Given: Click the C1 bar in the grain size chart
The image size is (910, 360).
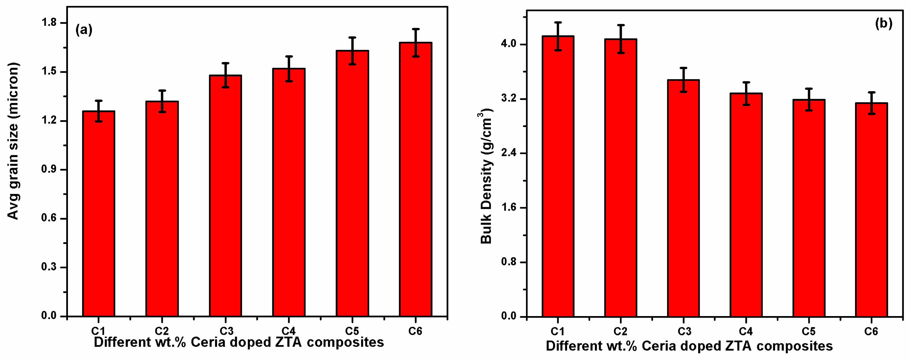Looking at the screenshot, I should (x=99, y=214).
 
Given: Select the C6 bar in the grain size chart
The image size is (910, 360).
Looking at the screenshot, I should (x=415, y=180).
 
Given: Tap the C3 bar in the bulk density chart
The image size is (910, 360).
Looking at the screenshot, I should (x=683, y=198).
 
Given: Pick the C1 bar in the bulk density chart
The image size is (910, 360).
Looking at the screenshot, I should (x=558, y=176).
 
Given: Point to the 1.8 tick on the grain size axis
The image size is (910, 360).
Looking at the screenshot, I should (x=49, y=23).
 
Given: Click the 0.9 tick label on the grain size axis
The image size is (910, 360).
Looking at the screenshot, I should (x=49, y=169).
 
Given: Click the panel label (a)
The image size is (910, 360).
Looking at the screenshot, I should (x=84, y=30).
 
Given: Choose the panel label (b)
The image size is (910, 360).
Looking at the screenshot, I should (x=883, y=24).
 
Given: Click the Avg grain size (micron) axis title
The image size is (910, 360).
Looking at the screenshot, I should (x=13, y=141).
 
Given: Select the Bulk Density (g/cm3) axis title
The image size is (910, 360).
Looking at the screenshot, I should (x=486, y=177).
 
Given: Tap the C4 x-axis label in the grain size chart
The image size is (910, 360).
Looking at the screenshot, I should (x=289, y=331).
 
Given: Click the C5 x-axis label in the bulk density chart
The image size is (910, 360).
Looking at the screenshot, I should (x=809, y=332).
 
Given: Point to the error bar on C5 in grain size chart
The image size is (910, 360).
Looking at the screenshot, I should (x=352, y=51).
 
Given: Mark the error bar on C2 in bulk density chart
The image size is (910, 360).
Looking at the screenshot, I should (x=621, y=39).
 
